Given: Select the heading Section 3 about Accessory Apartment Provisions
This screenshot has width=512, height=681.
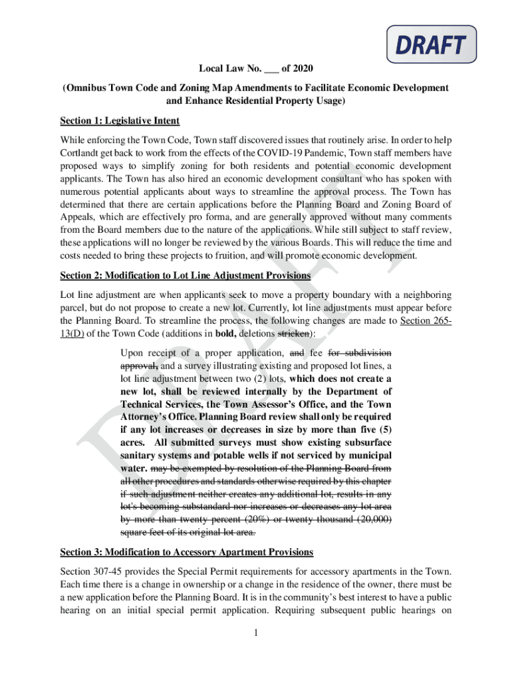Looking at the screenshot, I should pos(187,552).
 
